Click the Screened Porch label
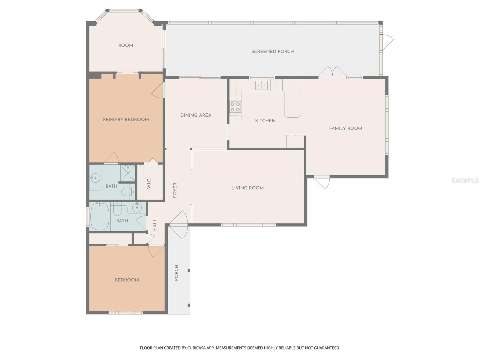pos(272,51)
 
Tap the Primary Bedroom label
pos(126,119)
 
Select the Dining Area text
pos(196,115)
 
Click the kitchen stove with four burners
pos(235,107)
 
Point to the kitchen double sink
pos(261,85)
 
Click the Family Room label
pos(346,128)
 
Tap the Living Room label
pos(247,188)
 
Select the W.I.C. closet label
pos(149,183)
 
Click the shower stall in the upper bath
pos(127,173)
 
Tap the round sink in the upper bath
pos(95,178)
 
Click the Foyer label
pos(175,190)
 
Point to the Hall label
pos(155,224)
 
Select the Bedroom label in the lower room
pos(127,280)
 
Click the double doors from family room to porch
pos(332,72)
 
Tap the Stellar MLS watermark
pos(465,180)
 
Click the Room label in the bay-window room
pos(125,45)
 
